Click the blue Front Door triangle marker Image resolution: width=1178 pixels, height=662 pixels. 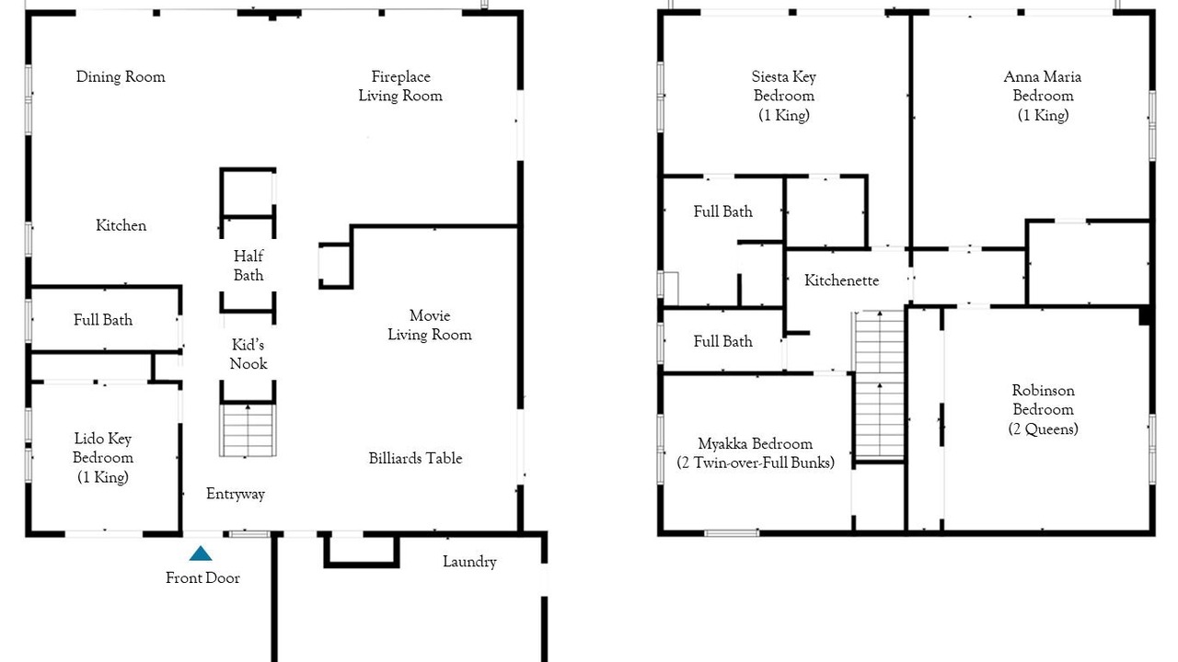201,554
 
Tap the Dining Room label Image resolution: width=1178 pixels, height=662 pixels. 121,76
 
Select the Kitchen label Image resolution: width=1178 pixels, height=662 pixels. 121,225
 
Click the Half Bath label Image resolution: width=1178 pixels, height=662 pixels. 248,266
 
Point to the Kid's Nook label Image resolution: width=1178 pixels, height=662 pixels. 248,354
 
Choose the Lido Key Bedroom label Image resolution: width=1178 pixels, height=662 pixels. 103,458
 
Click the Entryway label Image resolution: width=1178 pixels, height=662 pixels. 235,494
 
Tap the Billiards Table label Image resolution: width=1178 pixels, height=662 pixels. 415,458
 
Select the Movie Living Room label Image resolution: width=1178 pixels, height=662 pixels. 430,325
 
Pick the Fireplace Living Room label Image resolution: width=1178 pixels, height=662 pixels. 400,86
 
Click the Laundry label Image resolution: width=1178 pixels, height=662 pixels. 469,562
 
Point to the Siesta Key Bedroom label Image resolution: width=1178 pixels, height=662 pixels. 783,97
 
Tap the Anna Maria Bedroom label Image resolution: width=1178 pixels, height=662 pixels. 1043,97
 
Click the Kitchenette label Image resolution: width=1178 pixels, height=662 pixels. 841,280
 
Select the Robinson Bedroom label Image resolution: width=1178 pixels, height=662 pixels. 1044,410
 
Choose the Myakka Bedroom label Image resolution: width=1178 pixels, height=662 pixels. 756,453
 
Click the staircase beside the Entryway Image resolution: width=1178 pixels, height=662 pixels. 248,429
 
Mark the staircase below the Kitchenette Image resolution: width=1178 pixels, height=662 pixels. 879,385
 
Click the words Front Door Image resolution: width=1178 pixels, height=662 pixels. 202,578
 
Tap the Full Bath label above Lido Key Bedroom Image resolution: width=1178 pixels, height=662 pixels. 103,319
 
